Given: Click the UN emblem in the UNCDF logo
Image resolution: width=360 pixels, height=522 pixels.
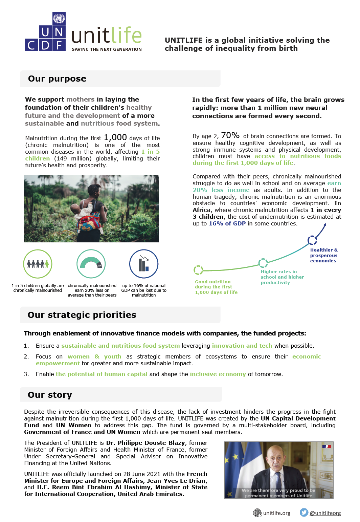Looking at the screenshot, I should [x=59, y=18].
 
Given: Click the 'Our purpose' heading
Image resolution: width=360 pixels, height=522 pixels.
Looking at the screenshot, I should [x=57, y=79].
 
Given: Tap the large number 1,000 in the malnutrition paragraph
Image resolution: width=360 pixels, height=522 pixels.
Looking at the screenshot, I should [x=115, y=137].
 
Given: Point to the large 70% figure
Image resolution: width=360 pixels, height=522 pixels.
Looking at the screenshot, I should [x=230, y=135].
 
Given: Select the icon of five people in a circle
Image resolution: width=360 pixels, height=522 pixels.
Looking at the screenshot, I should [x=38, y=264].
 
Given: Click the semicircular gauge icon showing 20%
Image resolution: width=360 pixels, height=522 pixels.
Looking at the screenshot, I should [x=91, y=264].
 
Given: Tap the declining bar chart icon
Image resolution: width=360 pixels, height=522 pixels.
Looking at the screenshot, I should [x=144, y=264].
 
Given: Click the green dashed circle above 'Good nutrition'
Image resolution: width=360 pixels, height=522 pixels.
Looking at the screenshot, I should [x=198, y=270].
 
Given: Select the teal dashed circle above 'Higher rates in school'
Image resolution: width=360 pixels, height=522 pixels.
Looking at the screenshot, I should [x=263, y=263].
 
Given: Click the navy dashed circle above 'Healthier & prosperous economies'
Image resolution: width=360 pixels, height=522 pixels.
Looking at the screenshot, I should [x=312, y=240].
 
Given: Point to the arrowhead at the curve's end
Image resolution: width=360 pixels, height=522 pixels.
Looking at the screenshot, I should [x=325, y=225].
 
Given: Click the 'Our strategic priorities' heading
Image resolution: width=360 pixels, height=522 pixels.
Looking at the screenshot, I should [x=82, y=315].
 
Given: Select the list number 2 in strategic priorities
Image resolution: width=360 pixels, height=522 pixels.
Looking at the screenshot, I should [x=26, y=357].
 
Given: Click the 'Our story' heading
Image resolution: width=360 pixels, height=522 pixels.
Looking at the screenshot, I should [x=50, y=395].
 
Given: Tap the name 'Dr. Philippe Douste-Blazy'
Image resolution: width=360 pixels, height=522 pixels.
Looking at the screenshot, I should [x=145, y=443].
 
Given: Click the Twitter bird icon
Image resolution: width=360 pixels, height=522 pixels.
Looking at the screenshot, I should [x=304, y=513].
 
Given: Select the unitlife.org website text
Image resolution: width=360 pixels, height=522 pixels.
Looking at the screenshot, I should [x=277, y=513].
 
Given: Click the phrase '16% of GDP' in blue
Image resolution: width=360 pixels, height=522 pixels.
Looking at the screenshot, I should [x=227, y=224].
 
